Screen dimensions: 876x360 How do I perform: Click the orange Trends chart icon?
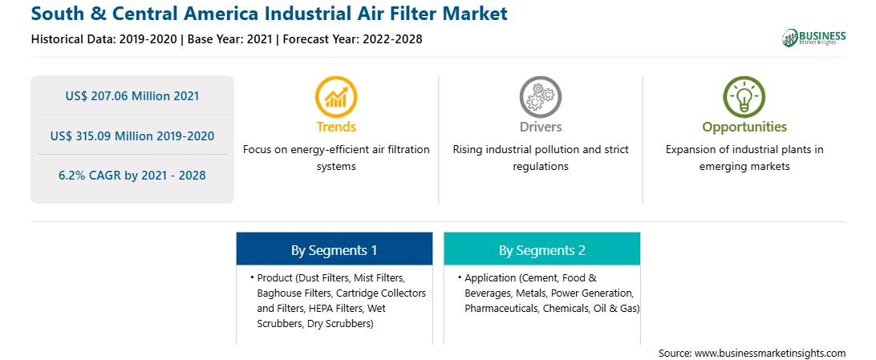tap(336, 96)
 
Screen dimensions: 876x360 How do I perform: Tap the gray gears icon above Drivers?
tap(540, 96)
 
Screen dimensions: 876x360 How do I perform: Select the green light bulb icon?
tap(744, 96)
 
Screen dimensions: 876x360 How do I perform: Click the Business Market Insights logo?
tap(814, 38)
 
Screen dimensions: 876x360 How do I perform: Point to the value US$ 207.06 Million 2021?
tap(132, 96)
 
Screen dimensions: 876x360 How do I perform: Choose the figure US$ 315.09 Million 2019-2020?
tap(132, 136)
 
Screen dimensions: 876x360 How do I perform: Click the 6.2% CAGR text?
tap(132, 176)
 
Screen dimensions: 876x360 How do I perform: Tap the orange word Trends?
tap(336, 127)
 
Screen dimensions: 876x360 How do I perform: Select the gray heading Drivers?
tap(540, 127)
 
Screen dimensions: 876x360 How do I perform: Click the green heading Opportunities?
tap(744, 127)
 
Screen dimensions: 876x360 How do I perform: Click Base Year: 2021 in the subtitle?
tap(229, 39)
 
